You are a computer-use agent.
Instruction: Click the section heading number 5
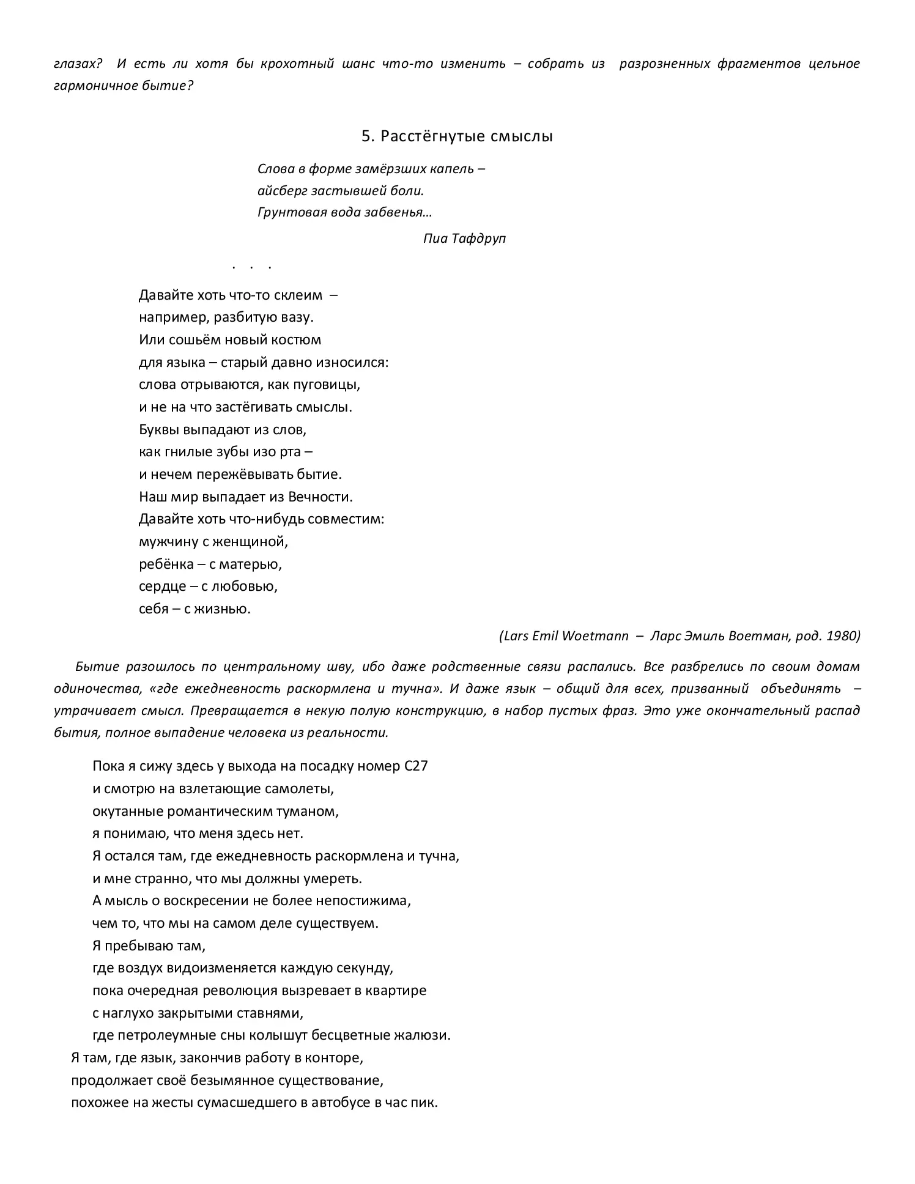point(366,136)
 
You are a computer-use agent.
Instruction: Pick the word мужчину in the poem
point(166,542)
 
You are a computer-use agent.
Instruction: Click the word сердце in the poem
point(161,586)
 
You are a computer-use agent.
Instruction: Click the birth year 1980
point(843,635)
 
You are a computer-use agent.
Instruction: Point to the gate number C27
point(417,766)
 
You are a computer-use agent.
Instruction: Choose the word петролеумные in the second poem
point(163,1035)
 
